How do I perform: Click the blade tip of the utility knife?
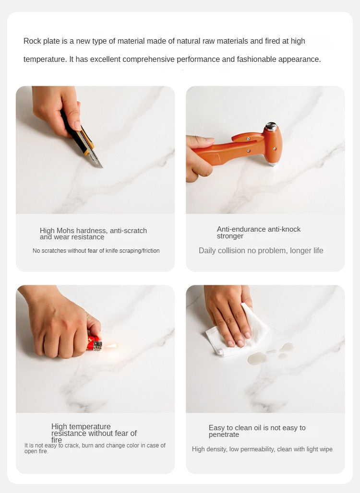[x=102, y=167]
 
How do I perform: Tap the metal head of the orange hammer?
[x=271, y=127]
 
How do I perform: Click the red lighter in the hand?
[x=95, y=343]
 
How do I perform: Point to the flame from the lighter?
[x=111, y=346]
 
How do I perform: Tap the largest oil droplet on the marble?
[x=257, y=358]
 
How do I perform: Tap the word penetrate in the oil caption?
[x=224, y=434]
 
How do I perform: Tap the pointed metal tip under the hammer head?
[x=273, y=164]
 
